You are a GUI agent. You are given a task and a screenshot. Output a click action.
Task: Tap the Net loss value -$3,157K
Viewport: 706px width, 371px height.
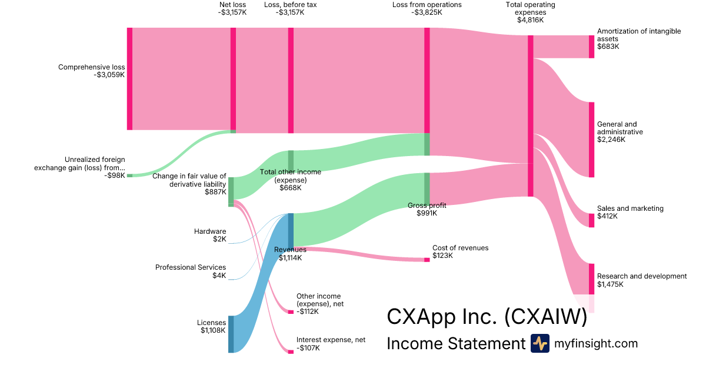tap(232, 12)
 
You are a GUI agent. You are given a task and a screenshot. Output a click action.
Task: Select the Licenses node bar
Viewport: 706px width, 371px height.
tap(231, 334)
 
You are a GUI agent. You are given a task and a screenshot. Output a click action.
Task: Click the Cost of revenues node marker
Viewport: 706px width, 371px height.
tap(427, 260)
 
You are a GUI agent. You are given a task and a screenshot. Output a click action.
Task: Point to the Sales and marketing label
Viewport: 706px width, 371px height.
tap(630, 208)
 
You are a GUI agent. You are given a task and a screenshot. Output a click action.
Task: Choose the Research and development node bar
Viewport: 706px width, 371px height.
tap(591, 279)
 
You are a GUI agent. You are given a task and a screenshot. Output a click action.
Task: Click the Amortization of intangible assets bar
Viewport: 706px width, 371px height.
tap(591, 47)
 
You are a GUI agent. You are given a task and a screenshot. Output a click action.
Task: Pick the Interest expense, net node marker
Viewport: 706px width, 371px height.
tap(291, 352)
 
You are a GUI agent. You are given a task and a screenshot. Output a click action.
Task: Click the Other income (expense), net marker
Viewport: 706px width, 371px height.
tap(291, 312)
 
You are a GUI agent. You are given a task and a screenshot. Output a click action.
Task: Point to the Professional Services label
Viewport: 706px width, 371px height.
tap(191, 267)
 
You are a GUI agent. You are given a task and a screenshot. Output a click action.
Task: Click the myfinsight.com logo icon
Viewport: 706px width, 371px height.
tap(540, 343)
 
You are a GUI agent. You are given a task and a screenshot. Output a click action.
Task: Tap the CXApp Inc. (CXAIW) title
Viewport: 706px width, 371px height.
tap(487, 317)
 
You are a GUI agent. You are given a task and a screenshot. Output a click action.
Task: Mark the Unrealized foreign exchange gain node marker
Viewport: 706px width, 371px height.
tap(129, 175)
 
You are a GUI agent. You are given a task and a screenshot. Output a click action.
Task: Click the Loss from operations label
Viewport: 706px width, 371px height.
tap(427, 5)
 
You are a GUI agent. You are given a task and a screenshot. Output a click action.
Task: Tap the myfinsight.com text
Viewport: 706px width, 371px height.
tap(596, 343)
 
